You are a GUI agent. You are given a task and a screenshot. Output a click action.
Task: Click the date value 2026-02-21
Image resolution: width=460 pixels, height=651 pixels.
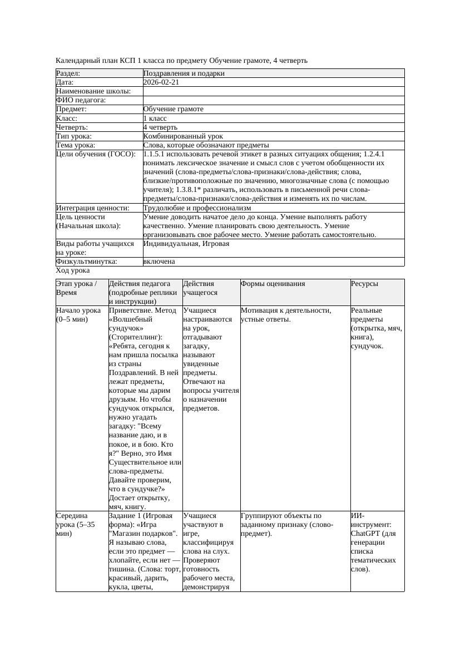coord(161,82)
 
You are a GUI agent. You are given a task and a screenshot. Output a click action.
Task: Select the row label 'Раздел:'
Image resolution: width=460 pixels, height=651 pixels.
coord(68,73)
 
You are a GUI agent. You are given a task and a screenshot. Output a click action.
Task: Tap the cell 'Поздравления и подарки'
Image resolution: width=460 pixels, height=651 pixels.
coord(184,73)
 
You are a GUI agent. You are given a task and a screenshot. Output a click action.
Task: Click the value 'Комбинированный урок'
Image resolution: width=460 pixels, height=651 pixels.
coord(183,136)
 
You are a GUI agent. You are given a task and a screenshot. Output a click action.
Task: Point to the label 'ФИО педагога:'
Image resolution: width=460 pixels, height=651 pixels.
coord(81,100)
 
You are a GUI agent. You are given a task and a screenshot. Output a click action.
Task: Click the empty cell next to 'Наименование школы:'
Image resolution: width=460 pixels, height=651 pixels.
coord(273,91)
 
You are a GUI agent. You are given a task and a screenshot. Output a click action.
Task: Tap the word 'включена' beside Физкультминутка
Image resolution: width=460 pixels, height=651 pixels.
coord(159,262)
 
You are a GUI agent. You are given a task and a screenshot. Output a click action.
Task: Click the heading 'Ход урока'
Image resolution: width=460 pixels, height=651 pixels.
coord(73,270)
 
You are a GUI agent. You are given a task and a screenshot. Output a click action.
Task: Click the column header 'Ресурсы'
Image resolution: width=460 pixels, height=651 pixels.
coord(364,284)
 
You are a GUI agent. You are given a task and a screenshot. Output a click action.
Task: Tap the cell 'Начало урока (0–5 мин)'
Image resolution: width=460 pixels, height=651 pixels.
coord(78,315)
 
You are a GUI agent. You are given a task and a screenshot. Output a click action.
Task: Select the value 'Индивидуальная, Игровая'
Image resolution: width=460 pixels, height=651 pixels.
coord(186,244)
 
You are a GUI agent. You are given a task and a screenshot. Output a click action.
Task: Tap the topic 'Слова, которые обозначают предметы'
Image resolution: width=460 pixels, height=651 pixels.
coord(206,145)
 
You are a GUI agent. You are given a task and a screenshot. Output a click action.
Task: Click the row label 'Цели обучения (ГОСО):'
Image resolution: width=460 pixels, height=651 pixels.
coord(95,154)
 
